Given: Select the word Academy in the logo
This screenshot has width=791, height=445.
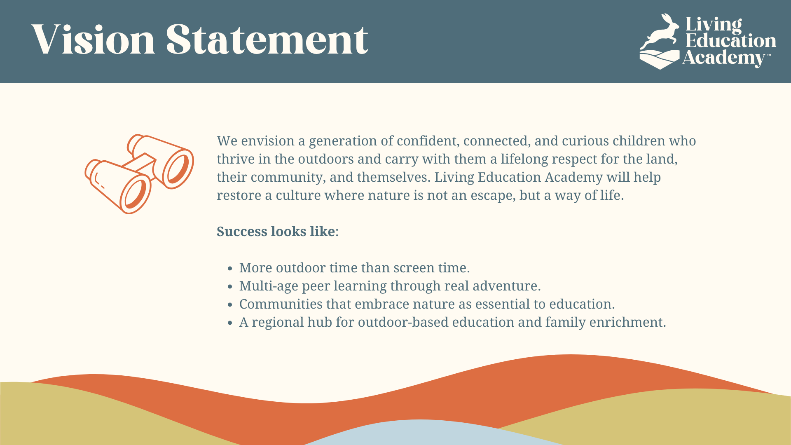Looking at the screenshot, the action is coord(724,58).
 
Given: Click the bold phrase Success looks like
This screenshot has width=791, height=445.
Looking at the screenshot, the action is coord(276,232).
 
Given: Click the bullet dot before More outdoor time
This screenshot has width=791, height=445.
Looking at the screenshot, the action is coord(230,269).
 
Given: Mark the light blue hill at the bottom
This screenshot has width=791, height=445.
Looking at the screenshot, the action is coord(428,433).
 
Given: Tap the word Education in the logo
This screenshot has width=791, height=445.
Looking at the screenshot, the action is coord(730,41).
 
